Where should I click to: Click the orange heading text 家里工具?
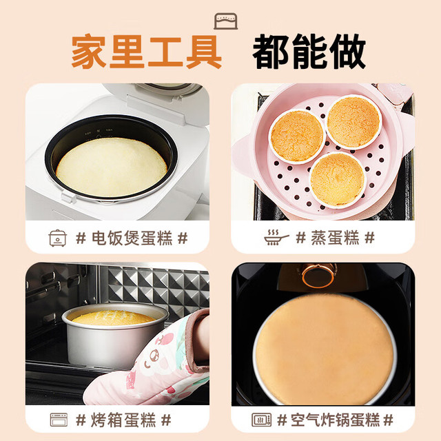coord(147,52)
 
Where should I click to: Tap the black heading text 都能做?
coord(309,52)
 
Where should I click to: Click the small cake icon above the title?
coord(225,21)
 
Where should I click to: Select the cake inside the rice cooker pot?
coord(112,167)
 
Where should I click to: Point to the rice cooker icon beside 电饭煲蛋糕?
coord(58,238)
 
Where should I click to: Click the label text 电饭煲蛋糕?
coord(132,238)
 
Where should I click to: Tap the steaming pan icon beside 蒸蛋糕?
coord(276,238)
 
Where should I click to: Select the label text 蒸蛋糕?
coord(335,238)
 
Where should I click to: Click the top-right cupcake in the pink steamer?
coord(353,121)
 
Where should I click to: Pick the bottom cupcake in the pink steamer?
coord(338,180)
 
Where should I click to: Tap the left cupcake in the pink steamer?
coord(297,136)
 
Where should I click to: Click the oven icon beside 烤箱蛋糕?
coord(59,420)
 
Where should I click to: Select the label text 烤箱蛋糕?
coord(123,420)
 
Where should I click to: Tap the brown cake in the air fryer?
coord(325,349)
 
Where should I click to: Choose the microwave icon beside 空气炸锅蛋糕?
coord(262,420)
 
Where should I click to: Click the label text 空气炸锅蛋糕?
coord(335,420)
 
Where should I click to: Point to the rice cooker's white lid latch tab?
coord(69,197)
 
